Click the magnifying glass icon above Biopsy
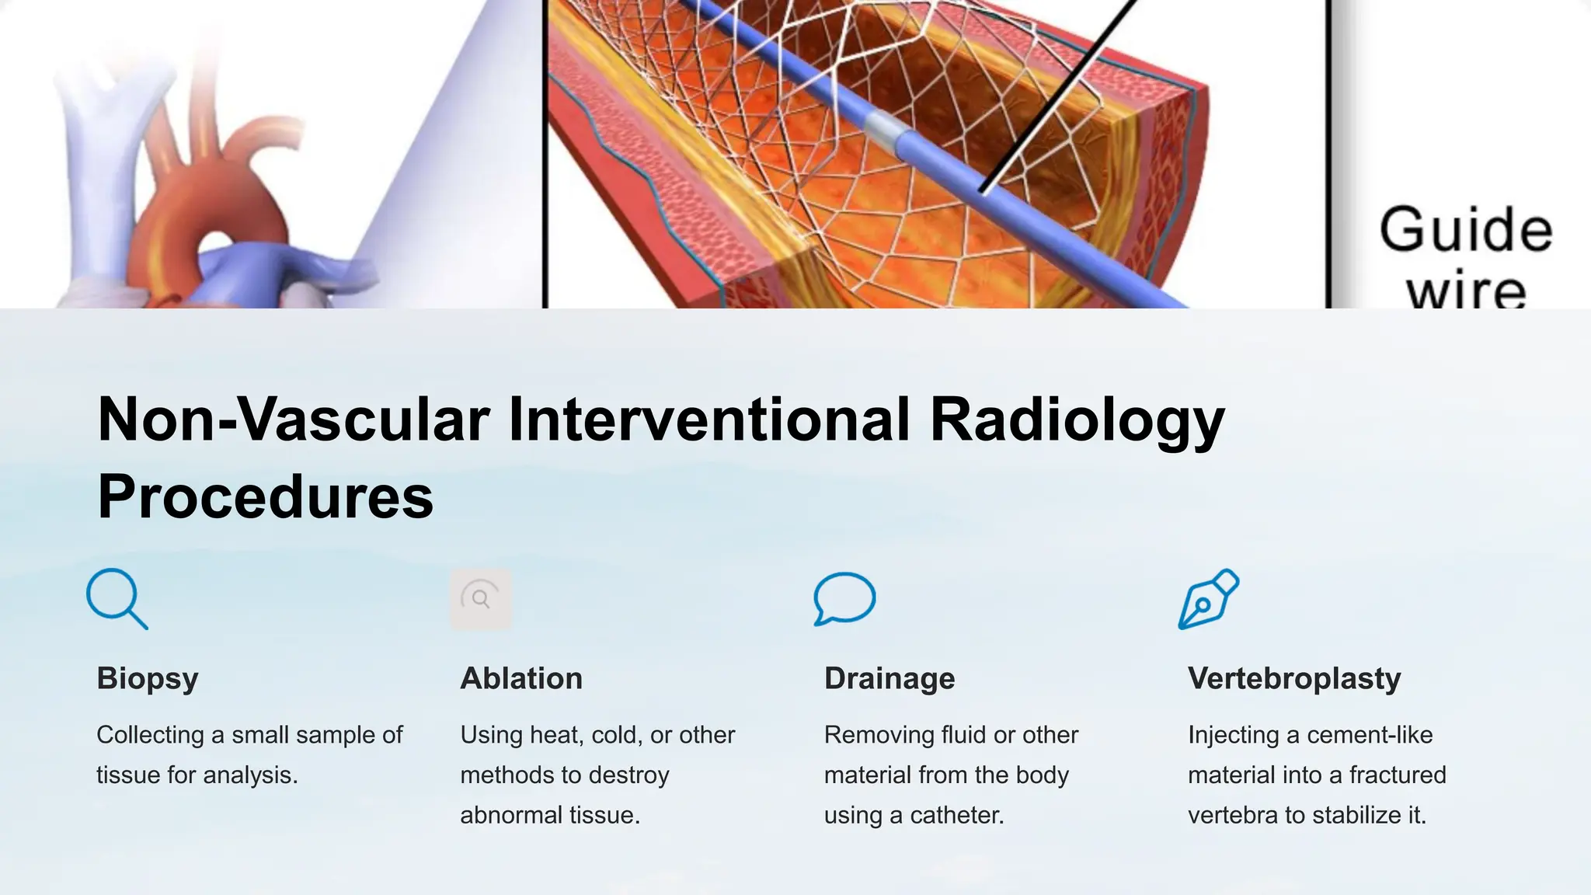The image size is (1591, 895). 117,598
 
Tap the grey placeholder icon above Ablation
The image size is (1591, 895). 481,598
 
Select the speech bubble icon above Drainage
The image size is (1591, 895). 844,598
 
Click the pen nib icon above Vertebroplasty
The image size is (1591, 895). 1209,599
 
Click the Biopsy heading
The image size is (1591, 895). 148,679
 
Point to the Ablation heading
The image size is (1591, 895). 521,679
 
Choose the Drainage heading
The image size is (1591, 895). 889,679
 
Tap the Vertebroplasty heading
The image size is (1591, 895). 1294,679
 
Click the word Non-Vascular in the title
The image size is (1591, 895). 293,420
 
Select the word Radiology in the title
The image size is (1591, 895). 1077,420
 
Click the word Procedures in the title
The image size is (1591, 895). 265,497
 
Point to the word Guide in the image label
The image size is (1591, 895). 1465,230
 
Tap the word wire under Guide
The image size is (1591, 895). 1465,291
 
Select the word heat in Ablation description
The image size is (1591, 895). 555,735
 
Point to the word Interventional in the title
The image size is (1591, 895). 708,420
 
